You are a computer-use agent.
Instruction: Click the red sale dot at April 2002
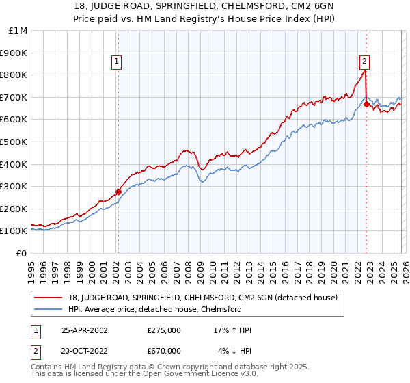point(118,191)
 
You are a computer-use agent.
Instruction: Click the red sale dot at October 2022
point(366,104)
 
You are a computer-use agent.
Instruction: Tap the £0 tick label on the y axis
point(20,253)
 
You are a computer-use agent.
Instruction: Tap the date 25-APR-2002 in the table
point(85,330)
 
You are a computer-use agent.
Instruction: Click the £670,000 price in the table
point(163,351)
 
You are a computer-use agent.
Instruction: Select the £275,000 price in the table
point(163,330)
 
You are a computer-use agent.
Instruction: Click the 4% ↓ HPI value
point(235,351)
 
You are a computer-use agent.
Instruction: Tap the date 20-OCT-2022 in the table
point(85,351)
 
